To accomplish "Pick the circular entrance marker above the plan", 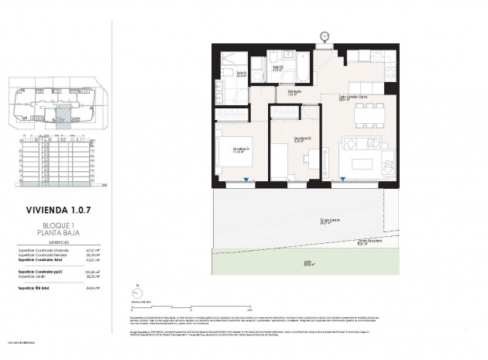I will pos(324,36).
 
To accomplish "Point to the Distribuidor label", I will pos(294,92).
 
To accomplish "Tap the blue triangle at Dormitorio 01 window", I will pos(246,180).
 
